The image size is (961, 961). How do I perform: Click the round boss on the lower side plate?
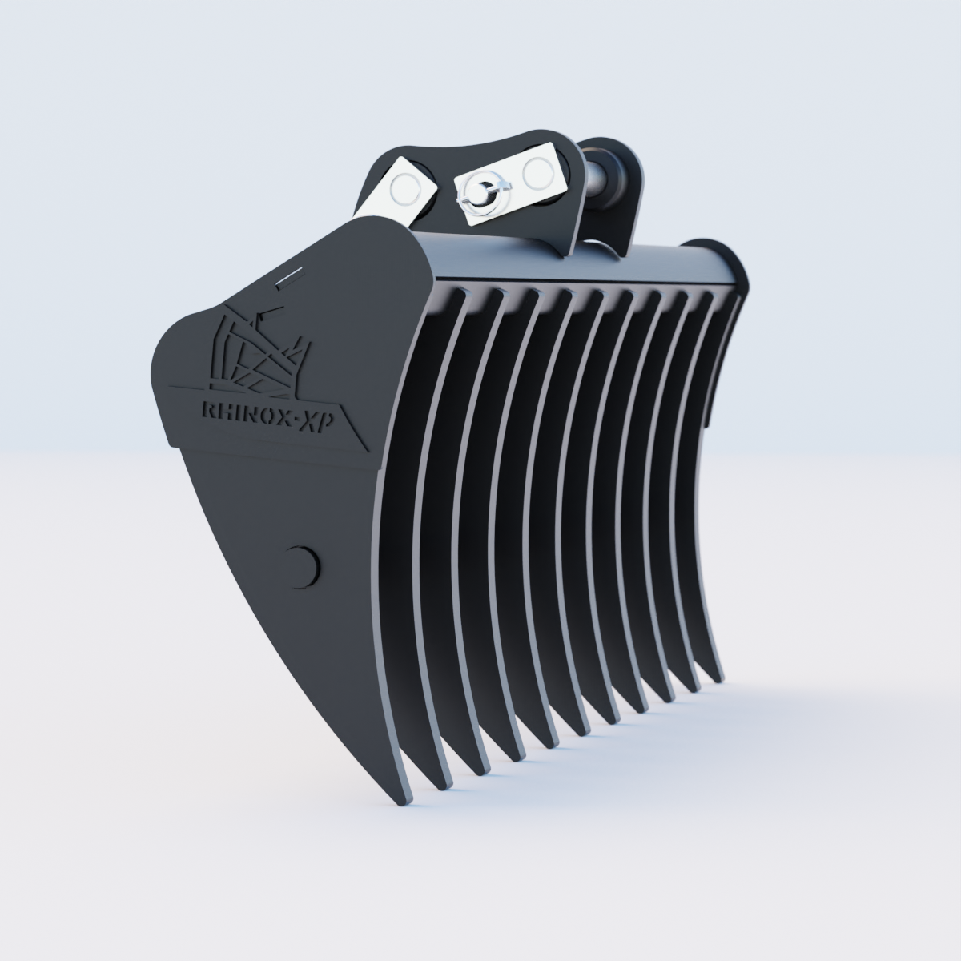pos(304,568)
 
